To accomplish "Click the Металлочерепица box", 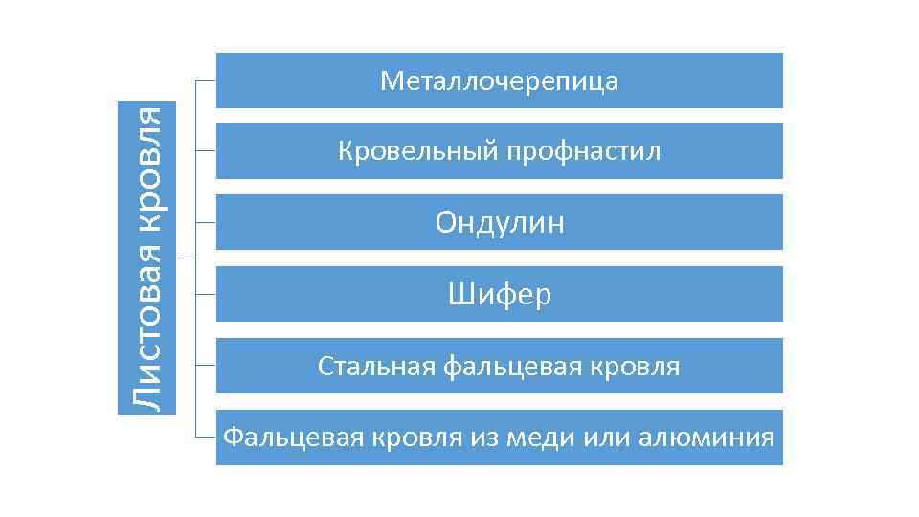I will [499, 80].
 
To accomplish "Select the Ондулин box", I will [499, 222].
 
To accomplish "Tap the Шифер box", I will [499, 294].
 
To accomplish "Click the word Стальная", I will [376, 366].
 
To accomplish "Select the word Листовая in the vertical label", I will [147, 348].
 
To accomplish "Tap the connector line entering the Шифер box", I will [206, 293].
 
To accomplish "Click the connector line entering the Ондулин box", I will [206, 222].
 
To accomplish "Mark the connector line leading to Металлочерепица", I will [206, 81].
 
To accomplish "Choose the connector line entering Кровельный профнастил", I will [206, 151].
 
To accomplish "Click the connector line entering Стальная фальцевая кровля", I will [206, 365].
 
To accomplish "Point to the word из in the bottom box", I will [479, 438].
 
